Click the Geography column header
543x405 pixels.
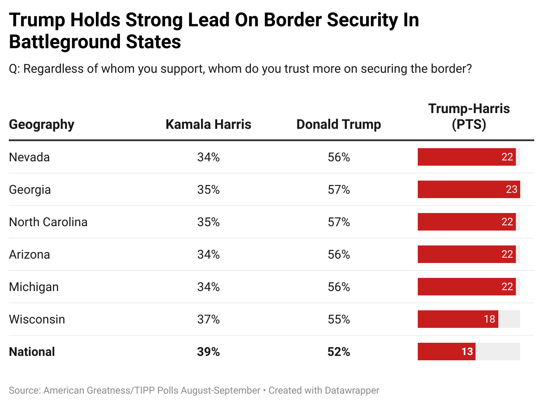click(x=42, y=124)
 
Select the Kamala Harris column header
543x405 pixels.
click(x=208, y=124)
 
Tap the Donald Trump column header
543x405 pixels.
click(x=338, y=124)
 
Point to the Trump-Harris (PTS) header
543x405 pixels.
click(x=469, y=117)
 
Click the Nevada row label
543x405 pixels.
click(x=29, y=157)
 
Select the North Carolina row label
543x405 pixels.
click(x=48, y=222)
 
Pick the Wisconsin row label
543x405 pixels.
click(x=37, y=319)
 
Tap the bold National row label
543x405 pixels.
click(x=32, y=352)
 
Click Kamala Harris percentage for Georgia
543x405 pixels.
click(x=208, y=189)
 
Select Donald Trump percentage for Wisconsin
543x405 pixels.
click(x=338, y=319)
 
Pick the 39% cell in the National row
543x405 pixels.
click(x=208, y=352)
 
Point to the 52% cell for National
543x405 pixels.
click(x=338, y=352)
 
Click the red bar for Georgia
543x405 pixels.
click(x=469, y=189)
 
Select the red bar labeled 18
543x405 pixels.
click(x=458, y=319)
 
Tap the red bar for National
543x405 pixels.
click(x=446, y=352)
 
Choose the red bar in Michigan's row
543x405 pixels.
click(x=466, y=287)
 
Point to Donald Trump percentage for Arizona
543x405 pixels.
click(x=338, y=254)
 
